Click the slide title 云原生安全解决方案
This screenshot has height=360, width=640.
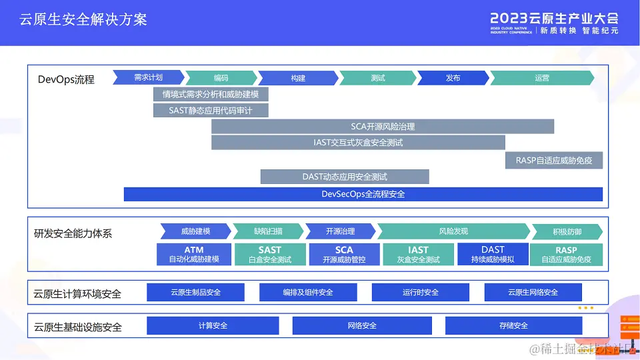[x=83, y=19]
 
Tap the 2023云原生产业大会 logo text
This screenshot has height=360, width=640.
[x=554, y=18]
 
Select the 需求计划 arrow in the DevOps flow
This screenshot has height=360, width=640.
[x=147, y=77]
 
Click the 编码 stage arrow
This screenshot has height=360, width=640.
[x=221, y=78]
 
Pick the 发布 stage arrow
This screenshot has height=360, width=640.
[x=453, y=78]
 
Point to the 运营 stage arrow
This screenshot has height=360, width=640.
[x=541, y=78]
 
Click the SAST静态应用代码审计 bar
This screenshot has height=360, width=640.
[x=211, y=110]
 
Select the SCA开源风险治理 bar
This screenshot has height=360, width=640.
[x=383, y=126]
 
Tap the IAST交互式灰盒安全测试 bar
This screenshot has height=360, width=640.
[x=358, y=142]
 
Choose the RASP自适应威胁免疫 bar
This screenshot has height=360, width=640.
[x=554, y=160]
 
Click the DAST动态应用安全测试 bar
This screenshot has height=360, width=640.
[x=345, y=177]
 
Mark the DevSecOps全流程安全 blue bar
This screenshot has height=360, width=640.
[x=363, y=194]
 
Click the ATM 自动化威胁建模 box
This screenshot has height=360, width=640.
[x=194, y=254]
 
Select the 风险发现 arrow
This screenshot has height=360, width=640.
[x=453, y=231]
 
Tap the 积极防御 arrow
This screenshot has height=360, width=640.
[x=567, y=231]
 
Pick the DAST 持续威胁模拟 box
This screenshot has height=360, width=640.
[x=493, y=254]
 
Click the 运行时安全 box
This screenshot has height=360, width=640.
[x=421, y=292]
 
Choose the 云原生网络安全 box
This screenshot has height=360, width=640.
[x=533, y=292]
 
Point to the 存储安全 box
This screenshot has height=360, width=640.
[x=513, y=325]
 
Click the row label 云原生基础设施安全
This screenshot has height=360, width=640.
[x=78, y=327]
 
